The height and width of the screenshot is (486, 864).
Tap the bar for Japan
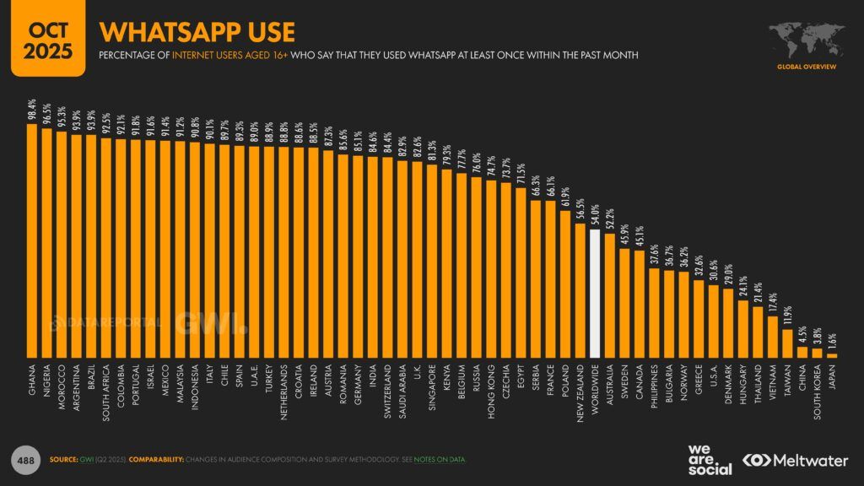coord(831,355)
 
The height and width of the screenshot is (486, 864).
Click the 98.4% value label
coord(33,110)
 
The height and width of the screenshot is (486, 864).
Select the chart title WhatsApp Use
coord(197,32)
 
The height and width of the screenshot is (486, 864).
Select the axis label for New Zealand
coord(580,393)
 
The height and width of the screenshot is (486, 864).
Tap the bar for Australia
coord(610,296)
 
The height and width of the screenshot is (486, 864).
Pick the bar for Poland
coord(565,283)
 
